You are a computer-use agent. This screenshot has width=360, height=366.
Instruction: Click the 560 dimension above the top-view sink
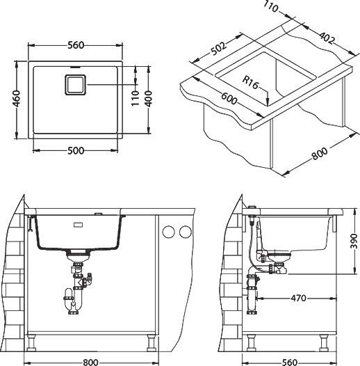coord(76,45)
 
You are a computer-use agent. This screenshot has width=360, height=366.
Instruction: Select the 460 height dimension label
coord(17,99)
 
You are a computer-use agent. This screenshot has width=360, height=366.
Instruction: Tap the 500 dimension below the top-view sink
coord(76,150)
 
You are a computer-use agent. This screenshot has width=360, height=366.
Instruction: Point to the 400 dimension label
coord(148,99)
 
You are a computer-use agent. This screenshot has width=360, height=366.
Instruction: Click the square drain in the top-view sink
coord(76,84)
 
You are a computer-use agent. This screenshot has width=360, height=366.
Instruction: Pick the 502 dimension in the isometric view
coord(218,49)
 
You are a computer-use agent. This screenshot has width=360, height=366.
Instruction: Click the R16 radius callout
coord(250,82)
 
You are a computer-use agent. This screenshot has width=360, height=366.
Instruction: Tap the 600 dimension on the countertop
coord(229,99)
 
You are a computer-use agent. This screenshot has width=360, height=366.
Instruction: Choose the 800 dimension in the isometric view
coord(320,153)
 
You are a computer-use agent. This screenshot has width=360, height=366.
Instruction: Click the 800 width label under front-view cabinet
coord(91,363)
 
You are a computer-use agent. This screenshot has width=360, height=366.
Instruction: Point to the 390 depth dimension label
coord(354,241)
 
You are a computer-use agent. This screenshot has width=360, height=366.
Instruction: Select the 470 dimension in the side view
coord(298,298)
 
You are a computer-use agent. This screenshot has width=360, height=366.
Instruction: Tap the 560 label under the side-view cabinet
coord(290,363)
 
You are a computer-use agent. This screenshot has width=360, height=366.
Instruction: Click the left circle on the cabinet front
coord(169,232)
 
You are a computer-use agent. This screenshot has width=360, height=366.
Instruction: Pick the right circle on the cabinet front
coord(186,232)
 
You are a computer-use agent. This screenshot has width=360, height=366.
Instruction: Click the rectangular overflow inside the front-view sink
coord(78,225)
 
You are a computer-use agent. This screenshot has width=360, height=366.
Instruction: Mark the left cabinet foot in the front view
coord(31,343)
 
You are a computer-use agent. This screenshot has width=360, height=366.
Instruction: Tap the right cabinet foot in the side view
coord(324,343)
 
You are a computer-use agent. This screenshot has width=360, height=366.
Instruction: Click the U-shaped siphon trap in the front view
coord(73,301)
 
